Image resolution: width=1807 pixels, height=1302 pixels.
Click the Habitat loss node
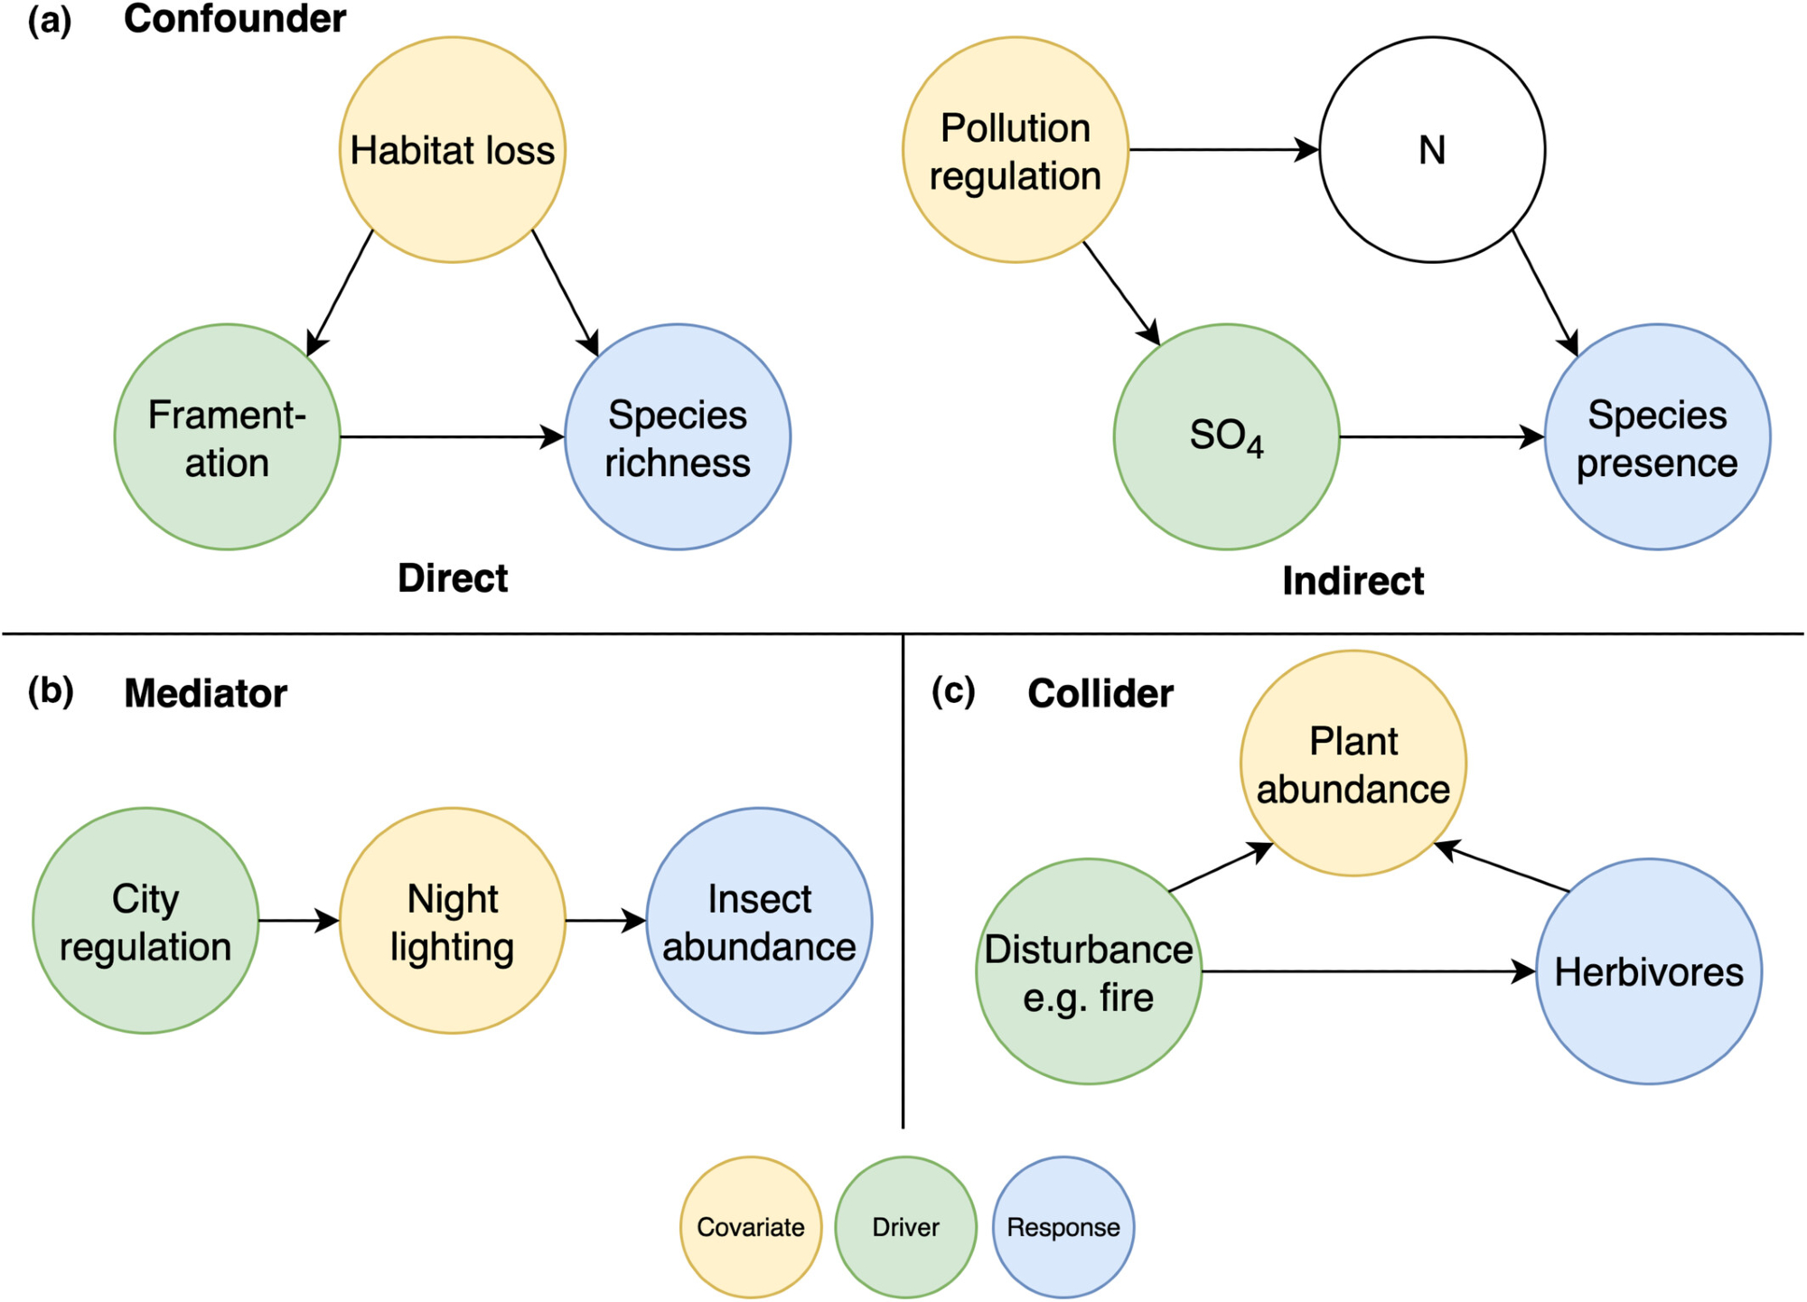coord(453,150)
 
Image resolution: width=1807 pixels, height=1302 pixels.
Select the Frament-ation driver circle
coord(228,437)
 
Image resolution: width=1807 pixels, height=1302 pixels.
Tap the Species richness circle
coord(678,437)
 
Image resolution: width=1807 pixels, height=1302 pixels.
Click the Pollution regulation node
coord(1016,150)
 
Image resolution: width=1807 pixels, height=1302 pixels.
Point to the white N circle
coord(1432,150)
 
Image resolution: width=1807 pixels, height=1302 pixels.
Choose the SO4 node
coord(1227,437)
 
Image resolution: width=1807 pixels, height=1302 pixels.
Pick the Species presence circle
coord(1657,437)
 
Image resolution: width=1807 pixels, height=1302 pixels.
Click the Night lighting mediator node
coord(453,921)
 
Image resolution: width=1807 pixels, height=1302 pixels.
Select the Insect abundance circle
coord(759,921)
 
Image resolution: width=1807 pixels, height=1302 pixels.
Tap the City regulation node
coord(145,921)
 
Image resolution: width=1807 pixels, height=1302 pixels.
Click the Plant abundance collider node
coord(1353,763)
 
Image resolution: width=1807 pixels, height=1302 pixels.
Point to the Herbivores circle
coord(1649,971)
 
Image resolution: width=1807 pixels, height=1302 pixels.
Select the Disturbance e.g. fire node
coord(1089,971)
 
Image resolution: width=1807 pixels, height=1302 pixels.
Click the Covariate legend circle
coord(751,1227)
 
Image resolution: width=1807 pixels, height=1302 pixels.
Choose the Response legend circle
coord(1063,1227)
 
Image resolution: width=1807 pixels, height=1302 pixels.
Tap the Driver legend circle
coord(905,1227)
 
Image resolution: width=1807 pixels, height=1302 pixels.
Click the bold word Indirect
coord(1353,581)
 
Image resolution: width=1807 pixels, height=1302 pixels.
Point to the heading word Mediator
coord(205,694)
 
